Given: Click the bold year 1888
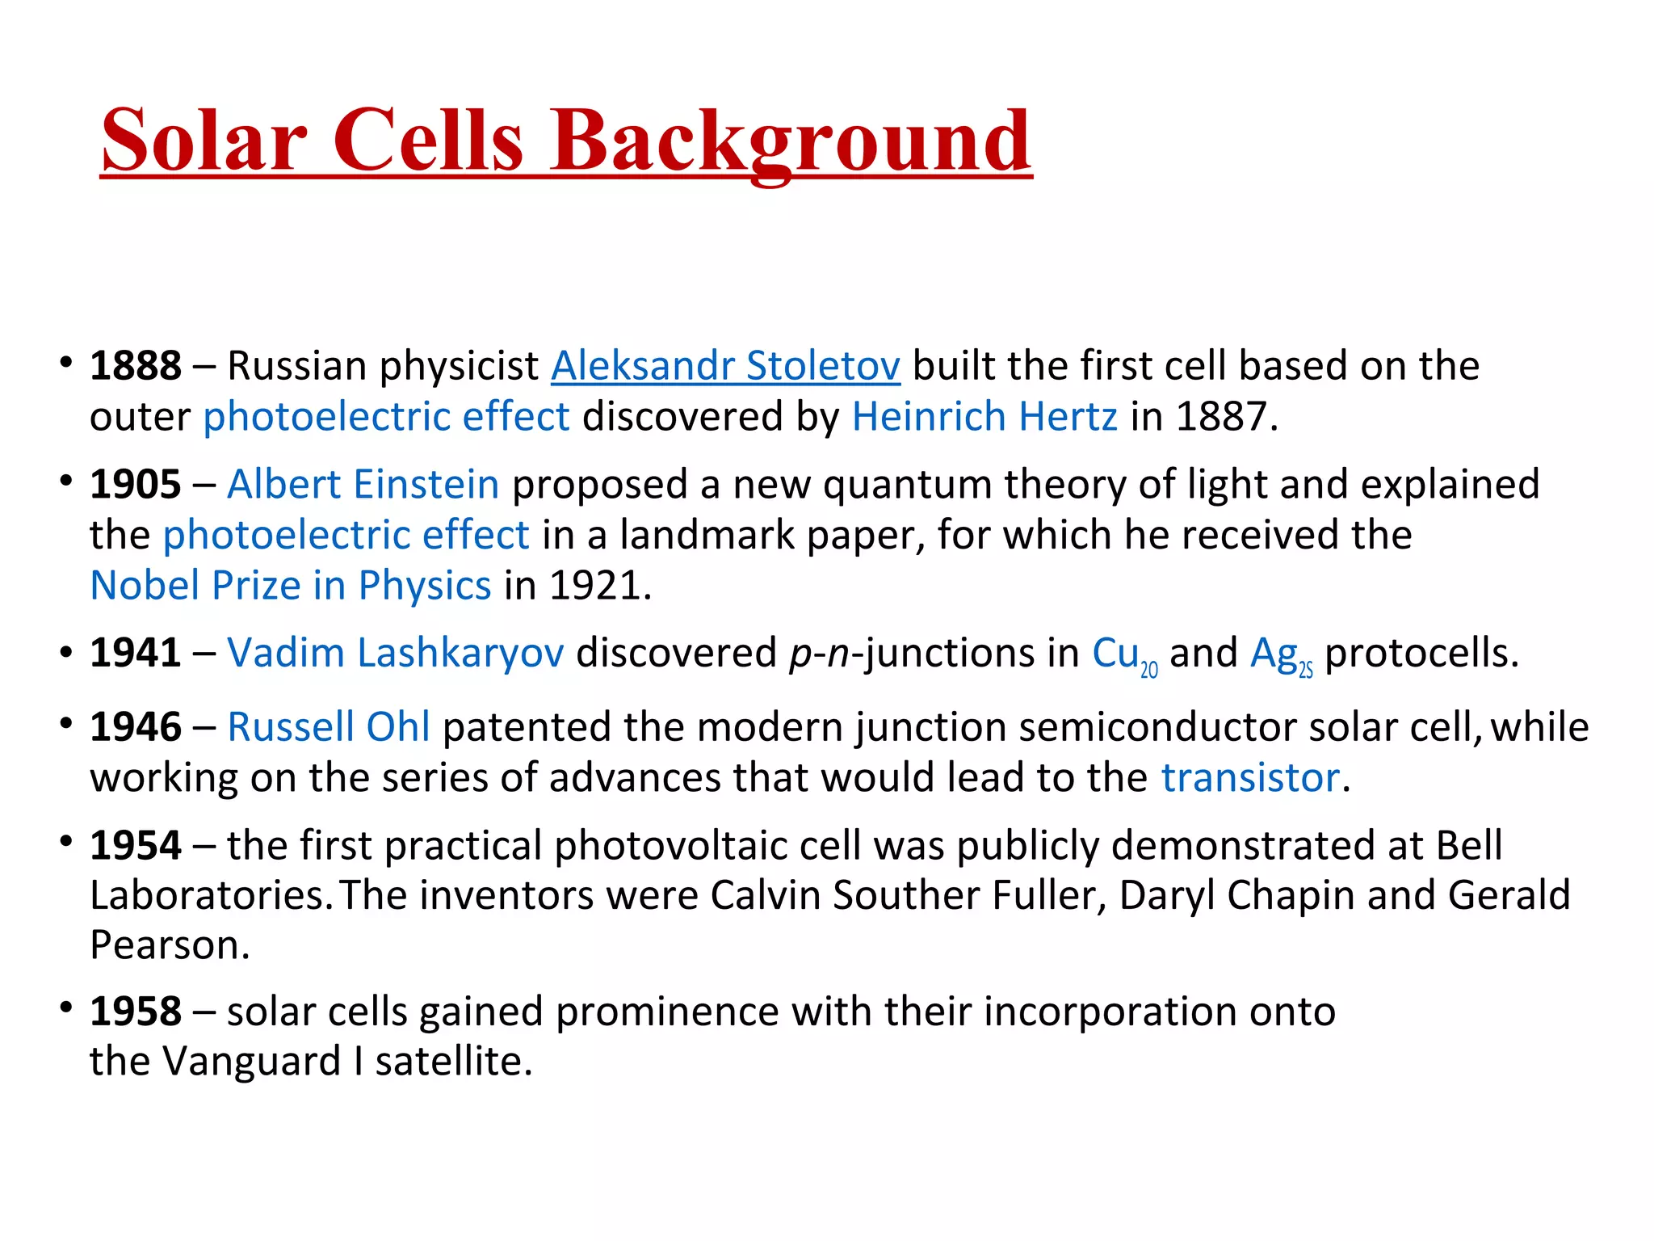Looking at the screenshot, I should pyautogui.click(x=135, y=366).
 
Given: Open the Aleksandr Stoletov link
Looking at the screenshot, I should pyautogui.click(x=724, y=366).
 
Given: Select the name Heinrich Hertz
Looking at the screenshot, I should pyautogui.click(x=984, y=417).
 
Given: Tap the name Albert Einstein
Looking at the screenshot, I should pyautogui.click(x=363, y=485).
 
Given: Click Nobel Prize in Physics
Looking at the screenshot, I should pyautogui.click(x=291, y=586).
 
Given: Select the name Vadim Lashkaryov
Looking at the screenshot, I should pyautogui.click(x=395, y=653).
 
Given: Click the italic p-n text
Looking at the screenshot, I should pyautogui.click(x=819, y=653).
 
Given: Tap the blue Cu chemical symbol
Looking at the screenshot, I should pyautogui.click(x=1115, y=653).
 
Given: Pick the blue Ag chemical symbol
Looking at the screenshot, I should pyautogui.click(x=1273, y=653).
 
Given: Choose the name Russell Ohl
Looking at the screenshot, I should pyautogui.click(x=328, y=727).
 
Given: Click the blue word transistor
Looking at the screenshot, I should pyautogui.click(x=1250, y=778).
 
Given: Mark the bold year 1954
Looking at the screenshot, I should pyautogui.click(x=135, y=846).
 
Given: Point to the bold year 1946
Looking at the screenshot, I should pyautogui.click(x=135, y=727).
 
